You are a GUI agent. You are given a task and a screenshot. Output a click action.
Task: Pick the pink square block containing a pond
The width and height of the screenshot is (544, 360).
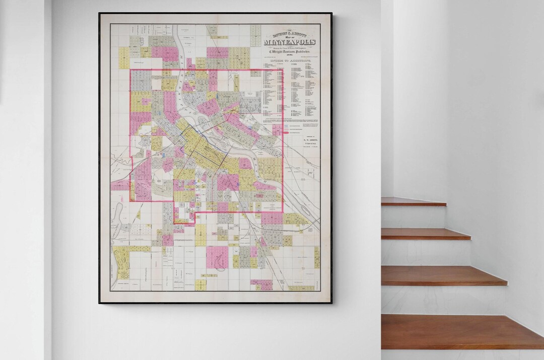coord(217,257)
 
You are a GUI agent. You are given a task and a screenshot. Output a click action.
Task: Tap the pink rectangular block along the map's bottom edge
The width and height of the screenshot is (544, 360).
coord(261,285)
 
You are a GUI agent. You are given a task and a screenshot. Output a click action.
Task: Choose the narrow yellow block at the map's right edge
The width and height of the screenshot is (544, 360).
coord(317,257)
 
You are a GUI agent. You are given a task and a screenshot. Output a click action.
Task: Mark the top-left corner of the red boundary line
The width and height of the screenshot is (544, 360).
coord(130,69)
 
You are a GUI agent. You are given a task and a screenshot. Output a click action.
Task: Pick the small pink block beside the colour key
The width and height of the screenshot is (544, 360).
coord(278,130)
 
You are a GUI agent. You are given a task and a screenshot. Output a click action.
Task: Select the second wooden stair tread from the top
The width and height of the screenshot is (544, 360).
coord(425,234)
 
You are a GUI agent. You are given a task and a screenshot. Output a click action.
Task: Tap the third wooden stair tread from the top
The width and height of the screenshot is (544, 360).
coord(443,275)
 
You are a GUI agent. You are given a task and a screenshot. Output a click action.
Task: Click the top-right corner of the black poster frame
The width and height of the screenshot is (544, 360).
coord(332,14)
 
